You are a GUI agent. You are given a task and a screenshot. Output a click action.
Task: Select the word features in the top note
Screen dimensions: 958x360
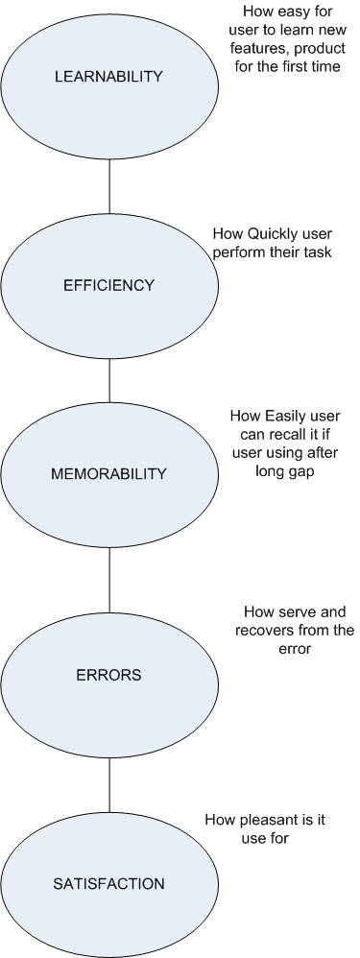(258, 49)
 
